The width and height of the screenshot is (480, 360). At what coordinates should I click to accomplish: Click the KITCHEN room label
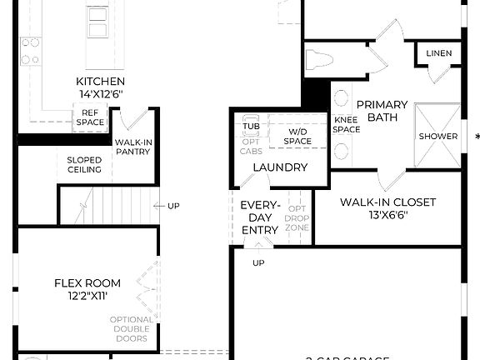tap(100, 82)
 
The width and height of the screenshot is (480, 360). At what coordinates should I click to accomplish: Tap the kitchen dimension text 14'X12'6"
tap(100, 95)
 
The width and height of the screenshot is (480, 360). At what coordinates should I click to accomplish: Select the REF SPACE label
tap(90, 117)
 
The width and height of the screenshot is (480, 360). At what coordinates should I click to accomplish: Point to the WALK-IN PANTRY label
tap(133, 147)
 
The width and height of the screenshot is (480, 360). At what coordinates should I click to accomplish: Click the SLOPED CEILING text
tap(84, 164)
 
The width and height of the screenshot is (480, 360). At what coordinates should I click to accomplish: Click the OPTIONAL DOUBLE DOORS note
tap(131, 329)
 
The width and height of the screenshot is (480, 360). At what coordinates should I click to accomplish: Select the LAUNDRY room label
tap(280, 167)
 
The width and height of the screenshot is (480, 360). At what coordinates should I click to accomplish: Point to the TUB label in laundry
tap(251, 127)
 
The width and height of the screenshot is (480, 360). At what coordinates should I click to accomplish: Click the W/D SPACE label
tap(297, 137)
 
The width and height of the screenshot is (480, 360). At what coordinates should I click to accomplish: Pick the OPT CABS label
tap(251, 146)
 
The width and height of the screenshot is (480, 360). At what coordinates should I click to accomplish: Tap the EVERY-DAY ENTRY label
tap(260, 217)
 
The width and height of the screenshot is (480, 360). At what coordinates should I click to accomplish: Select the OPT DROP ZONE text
tap(297, 217)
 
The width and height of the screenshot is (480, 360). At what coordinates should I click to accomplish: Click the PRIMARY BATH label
tap(382, 111)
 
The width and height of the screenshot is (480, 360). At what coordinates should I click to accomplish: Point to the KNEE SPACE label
tap(346, 124)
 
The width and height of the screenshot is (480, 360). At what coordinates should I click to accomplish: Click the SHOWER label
tap(437, 136)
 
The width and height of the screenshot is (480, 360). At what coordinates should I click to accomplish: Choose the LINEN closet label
tap(438, 54)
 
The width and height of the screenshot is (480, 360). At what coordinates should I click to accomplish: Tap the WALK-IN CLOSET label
tap(387, 202)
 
